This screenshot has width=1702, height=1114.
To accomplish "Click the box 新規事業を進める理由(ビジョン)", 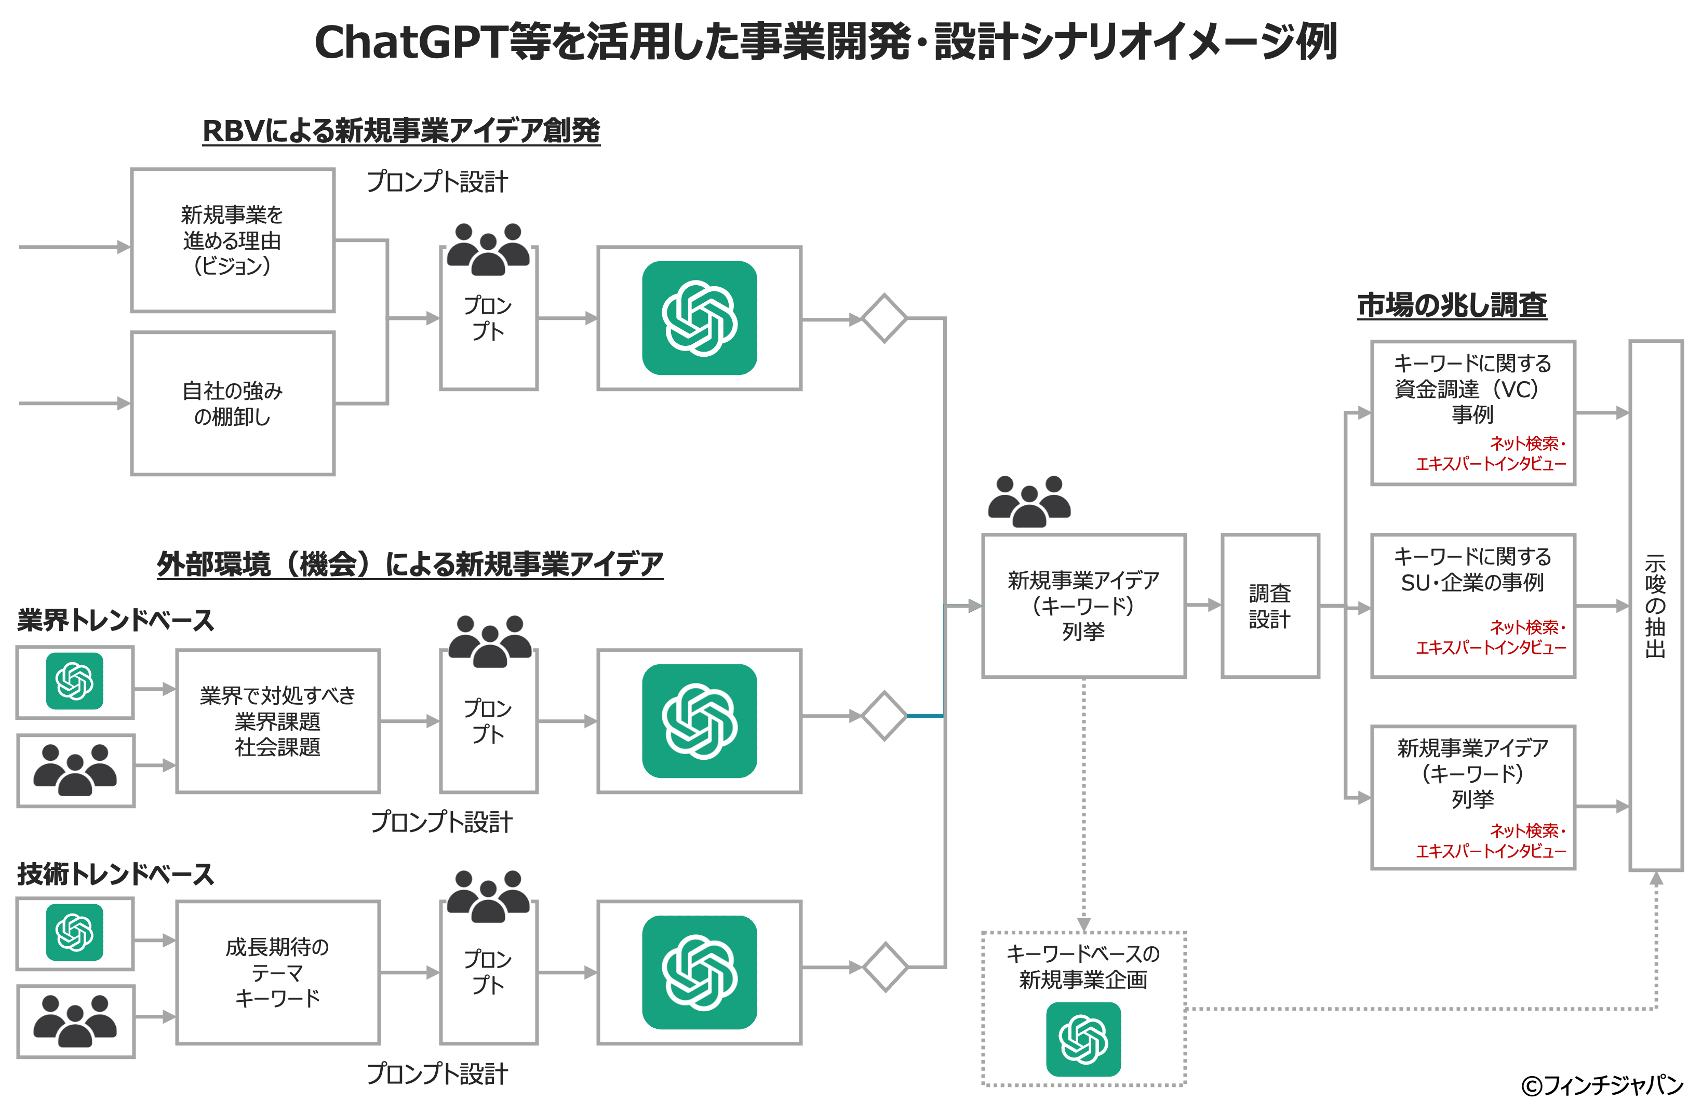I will (x=232, y=240).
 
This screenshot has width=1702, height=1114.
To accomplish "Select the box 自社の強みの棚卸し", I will (x=232, y=403).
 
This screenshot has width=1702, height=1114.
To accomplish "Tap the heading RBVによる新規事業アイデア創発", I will (x=400, y=131).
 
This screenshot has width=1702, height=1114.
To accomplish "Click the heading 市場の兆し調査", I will (x=1452, y=305).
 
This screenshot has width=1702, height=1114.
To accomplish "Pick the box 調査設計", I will (x=1269, y=606).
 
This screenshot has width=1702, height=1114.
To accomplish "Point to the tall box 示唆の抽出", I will (x=1656, y=605).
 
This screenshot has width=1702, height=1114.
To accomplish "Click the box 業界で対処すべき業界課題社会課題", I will (x=277, y=721).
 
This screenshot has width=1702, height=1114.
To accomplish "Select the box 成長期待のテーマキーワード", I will (x=277, y=972).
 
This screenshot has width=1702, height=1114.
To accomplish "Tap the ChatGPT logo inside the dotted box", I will (x=1083, y=1039).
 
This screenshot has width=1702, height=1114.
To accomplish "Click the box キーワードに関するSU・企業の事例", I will (x=1472, y=605).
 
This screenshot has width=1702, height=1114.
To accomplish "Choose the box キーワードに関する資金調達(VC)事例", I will (x=1472, y=412).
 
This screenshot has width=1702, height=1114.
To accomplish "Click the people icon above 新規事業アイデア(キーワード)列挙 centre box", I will (x=1029, y=502).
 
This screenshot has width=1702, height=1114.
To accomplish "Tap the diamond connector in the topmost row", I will (x=884, y=318).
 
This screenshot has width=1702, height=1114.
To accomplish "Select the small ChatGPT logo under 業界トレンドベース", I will (x=74, y=681).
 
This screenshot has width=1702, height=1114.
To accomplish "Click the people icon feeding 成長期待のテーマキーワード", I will (x=74, y=1021).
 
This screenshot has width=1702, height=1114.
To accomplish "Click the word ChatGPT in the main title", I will (x=411, y=42).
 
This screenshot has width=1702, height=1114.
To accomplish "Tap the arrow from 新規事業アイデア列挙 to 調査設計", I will (x=1203, y=606).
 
